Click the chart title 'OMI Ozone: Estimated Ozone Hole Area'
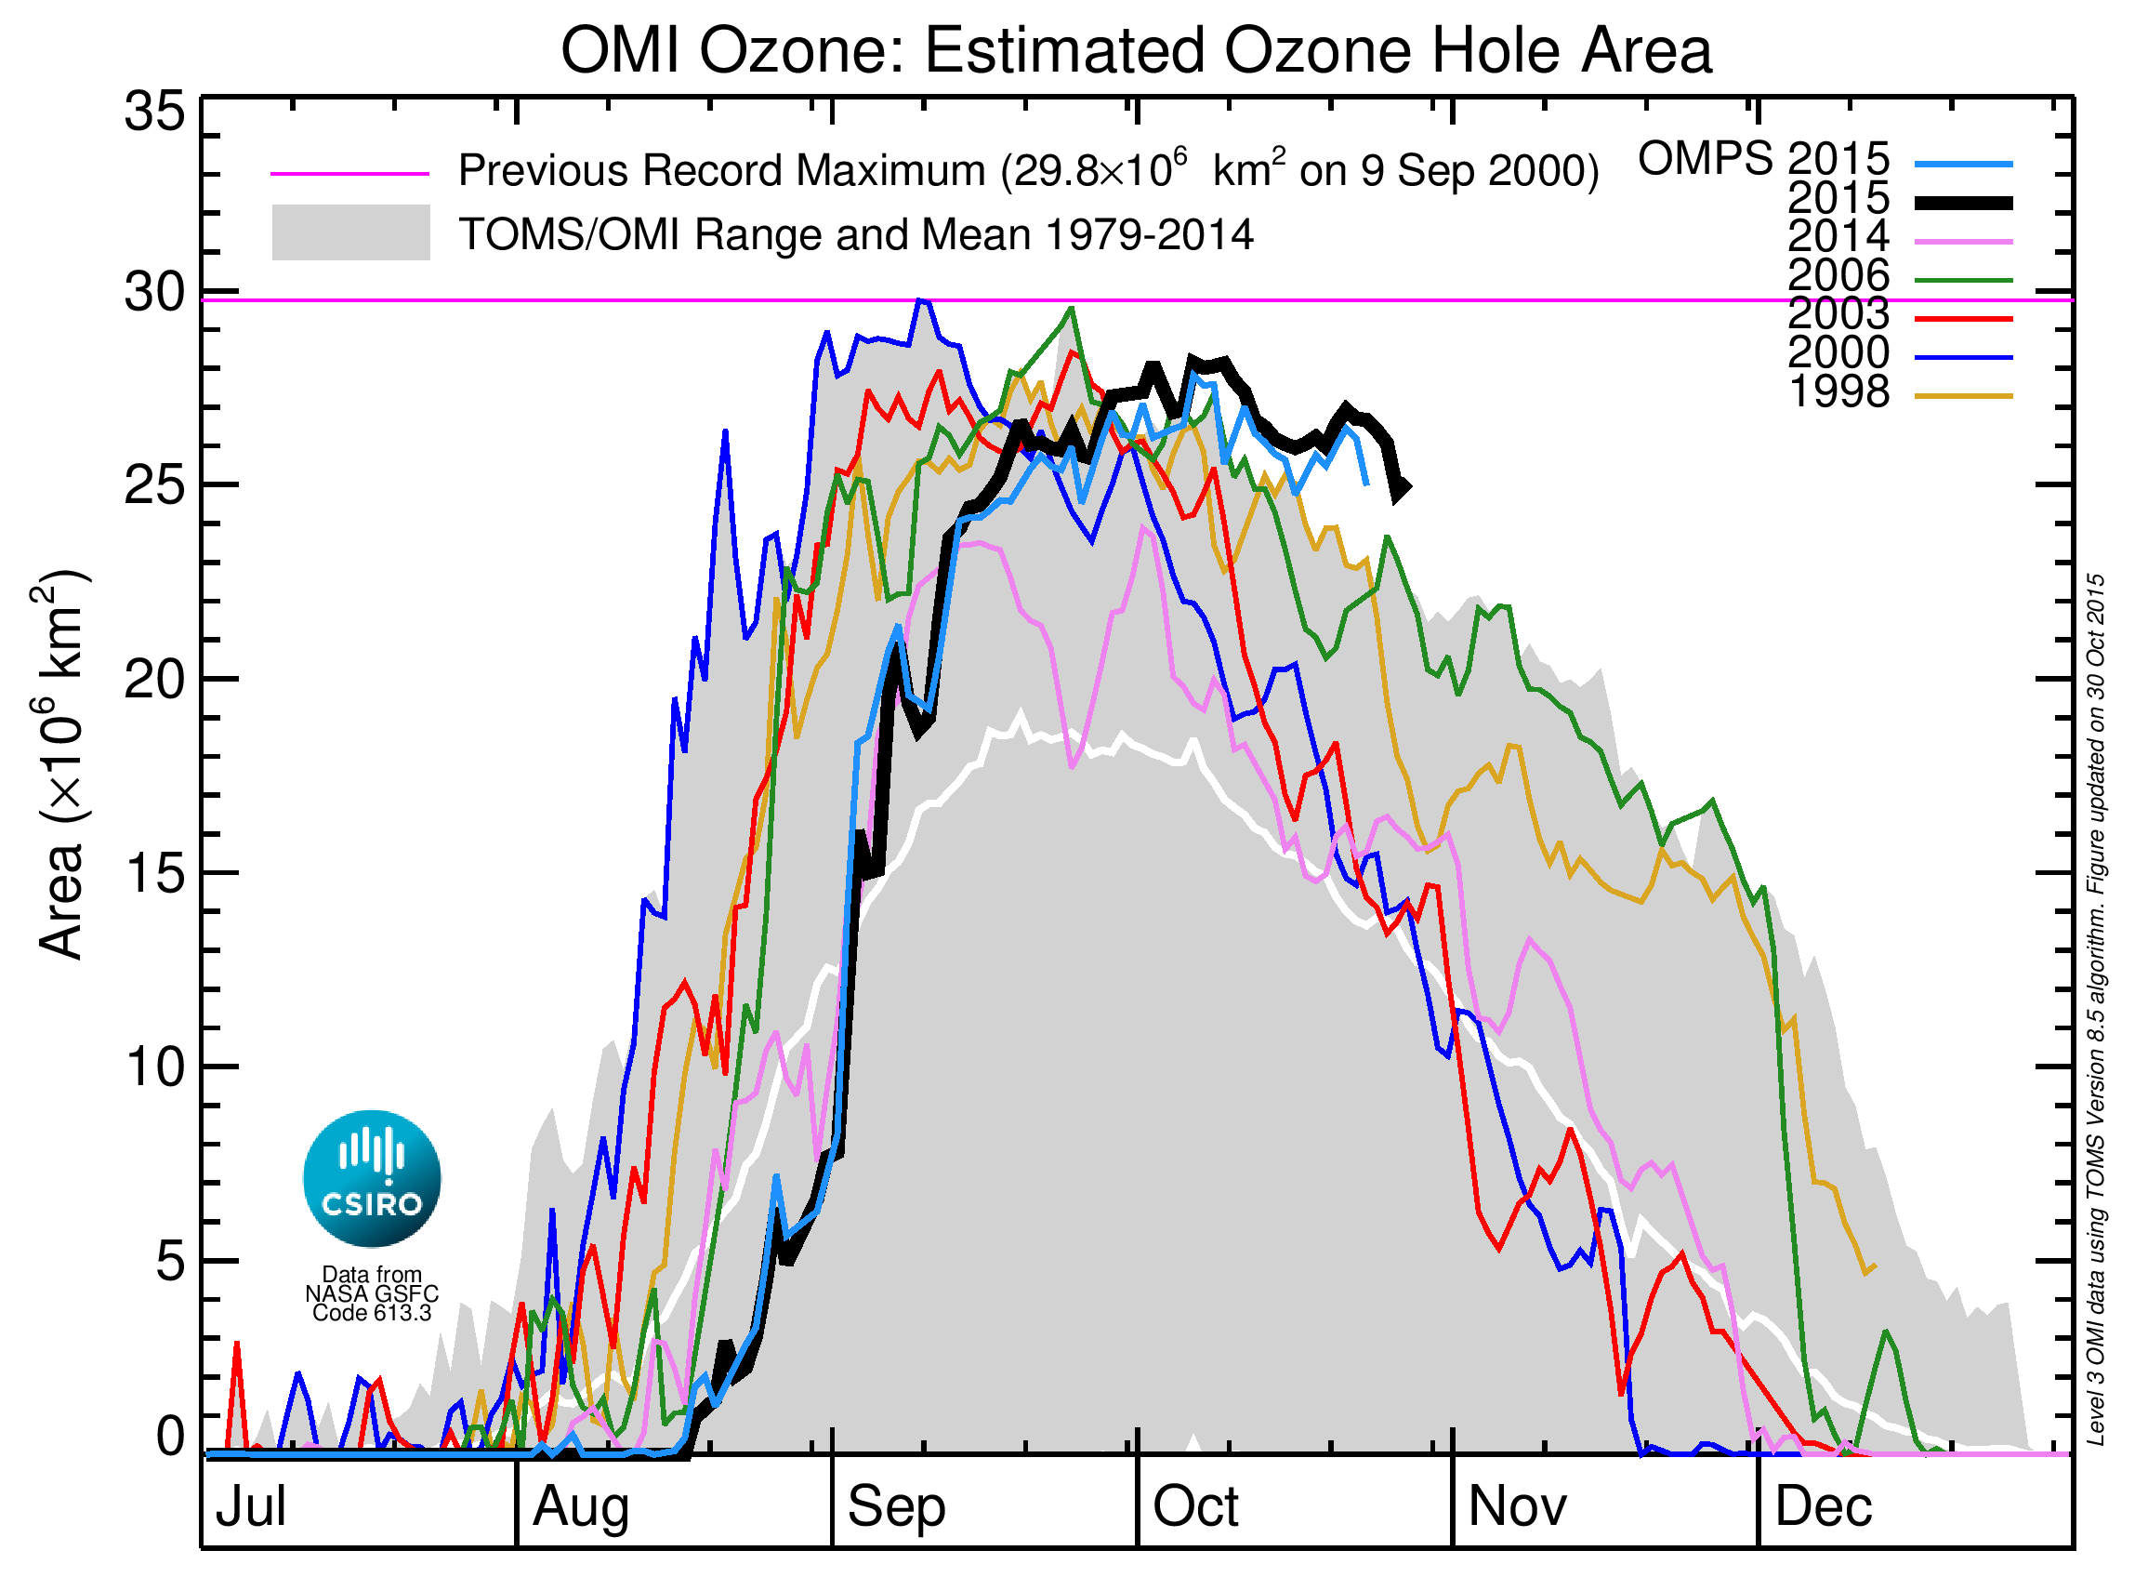tap(1136, 49)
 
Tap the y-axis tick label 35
tap(153, 112)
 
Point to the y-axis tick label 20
tap(153, 680)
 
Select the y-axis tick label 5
tap(169, 1262)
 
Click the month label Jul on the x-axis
tap(250, 1506)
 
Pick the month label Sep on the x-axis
tap(895, 1506)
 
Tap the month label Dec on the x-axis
tap(1823, 1506)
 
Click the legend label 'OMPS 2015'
tap(1763, 158)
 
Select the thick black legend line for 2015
tap(1963, 204)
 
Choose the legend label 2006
tap(1838, 276)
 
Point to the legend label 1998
tap(1838, 392)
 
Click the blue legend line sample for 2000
tap(1963, 358)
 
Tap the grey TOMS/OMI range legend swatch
tap(350, 232)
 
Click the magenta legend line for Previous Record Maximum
tap(349, 174)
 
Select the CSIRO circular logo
tap(372, 1179)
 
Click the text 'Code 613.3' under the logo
tap(372, 1314)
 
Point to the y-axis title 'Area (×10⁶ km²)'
tap(62, 763)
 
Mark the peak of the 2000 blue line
tap(920, 300)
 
